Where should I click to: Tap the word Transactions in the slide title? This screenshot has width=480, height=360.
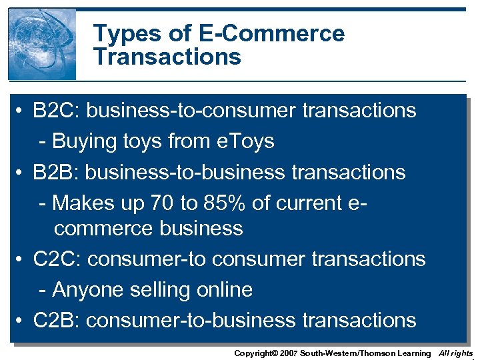click(x=167, y=57)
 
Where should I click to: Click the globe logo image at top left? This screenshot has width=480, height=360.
click(x=42, y=44)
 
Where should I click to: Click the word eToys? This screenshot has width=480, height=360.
click(x=246, y=141)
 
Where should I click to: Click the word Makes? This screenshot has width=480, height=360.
click(x=85, y=203)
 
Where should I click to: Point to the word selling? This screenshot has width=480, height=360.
click(x=160, y=290)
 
